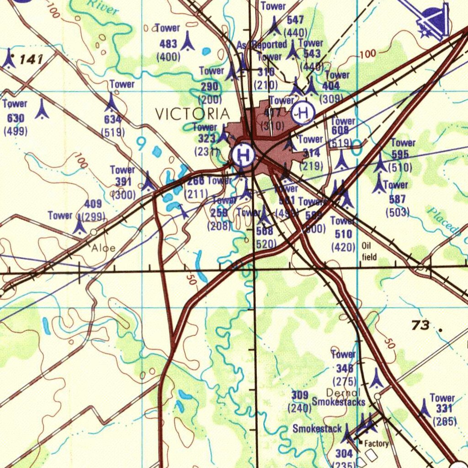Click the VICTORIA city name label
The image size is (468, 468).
tap(192, 114)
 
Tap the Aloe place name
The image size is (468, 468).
tap(104, 248)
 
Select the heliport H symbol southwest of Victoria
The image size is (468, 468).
tap(243, 154)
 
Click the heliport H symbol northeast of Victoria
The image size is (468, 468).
tap(303, 112)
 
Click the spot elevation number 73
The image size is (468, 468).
tap(420, 325)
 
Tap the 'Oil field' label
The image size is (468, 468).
tap(369, 251)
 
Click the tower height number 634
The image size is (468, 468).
tap(112, 120)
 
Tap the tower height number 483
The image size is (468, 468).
tap(168, 44)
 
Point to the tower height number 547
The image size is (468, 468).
tap(295, 20)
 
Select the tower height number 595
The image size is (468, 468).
tap(400, 154)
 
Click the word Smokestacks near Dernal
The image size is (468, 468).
tap(339, 402)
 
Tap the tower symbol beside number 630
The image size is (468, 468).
tap(42, 110)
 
